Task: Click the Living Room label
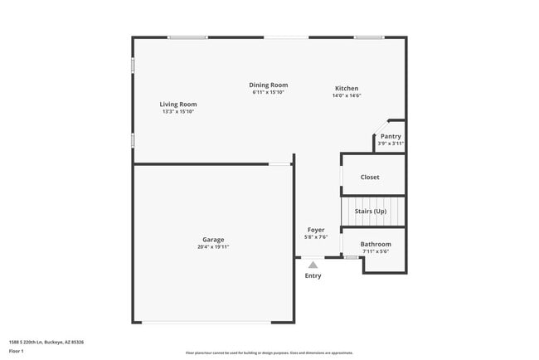[x=178, y=105]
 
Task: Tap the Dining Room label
[x=269, y=85]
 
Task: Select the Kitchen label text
[x=347, y=89]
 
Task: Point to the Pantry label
[x=391, y=136]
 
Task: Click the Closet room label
[x=370, y=178]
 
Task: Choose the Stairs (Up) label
[x=371, y=211]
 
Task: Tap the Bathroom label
[x=376, y=245]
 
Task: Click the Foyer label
[x=316, y=230]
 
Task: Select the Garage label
[x=213, y=240]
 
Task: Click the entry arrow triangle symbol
[x=313, y=263]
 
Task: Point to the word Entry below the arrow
[x=313, y=275]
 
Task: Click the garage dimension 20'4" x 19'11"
[x=213, y=247]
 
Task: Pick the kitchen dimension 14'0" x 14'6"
[x=347, y=96]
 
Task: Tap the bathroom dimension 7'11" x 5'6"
[x=376, y=252]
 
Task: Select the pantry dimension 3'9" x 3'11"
[x=391, y=144]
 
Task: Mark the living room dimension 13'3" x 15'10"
[x=178, y=112]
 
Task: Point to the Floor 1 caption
[x=17, y=351]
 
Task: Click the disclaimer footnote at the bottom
[x=269, y=353]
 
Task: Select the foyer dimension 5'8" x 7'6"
[x=316, y=237]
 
